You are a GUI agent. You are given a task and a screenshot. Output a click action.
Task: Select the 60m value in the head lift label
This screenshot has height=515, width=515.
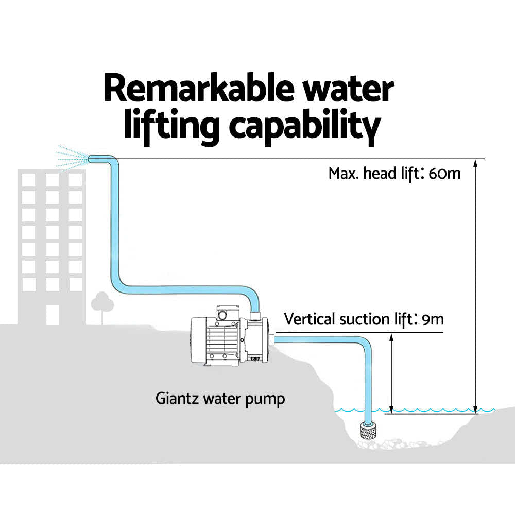pos(445,174)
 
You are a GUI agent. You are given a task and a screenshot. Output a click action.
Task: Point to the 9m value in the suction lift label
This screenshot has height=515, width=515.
pos(433,319)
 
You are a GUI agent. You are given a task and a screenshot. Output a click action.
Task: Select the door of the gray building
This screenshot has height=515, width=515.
pos(53,315)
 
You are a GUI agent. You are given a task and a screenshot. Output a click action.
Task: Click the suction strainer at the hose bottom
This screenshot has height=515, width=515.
pos(369,431)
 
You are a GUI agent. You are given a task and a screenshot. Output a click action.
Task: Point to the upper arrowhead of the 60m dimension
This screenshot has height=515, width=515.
pos(475,164)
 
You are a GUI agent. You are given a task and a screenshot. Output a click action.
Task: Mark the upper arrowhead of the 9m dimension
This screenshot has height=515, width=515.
pos(391,338)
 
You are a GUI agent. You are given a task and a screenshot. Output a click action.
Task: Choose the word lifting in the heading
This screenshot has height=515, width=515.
pos(171,127)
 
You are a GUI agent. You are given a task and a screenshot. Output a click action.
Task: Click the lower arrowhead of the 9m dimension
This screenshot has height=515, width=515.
pos(391,409)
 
